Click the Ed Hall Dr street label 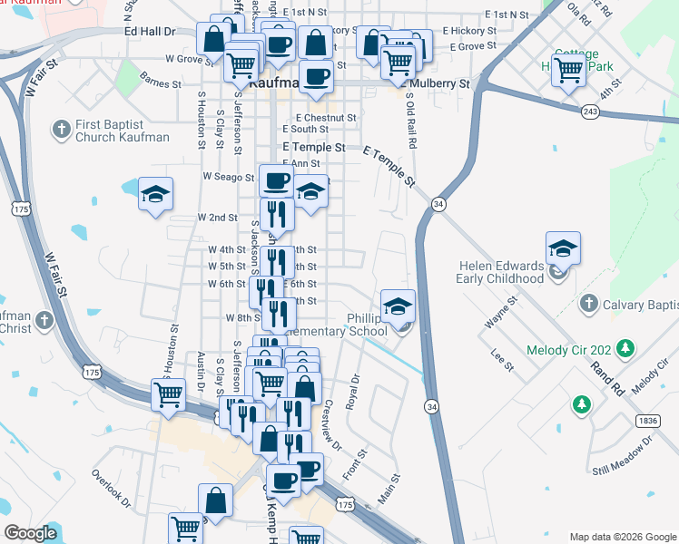[149, 31]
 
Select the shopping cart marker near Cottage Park [568, 69]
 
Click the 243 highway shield [592, 111]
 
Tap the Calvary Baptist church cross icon [588, 303]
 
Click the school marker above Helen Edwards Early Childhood [563, 248]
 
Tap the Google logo [31, 533]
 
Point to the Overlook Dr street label [111, 487]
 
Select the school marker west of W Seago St [155, 195]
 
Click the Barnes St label [162, 83]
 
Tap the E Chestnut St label [326, 118]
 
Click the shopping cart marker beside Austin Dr [169, 395]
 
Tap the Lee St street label [502, 360]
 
